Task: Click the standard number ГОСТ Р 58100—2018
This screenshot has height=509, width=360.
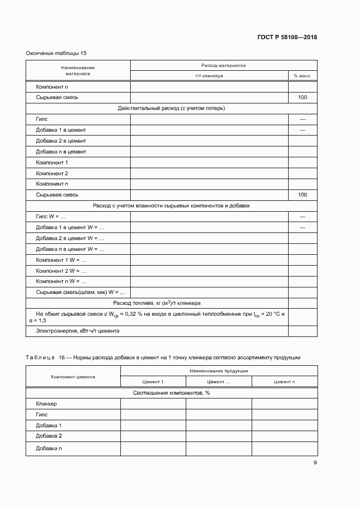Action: pos(286,38)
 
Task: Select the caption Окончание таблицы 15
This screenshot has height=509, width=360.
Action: pos(56,53)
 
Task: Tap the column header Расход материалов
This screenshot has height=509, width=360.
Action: pos(223,65)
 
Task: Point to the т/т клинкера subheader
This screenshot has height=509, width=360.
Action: pos(209,76)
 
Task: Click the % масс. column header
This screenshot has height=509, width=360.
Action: pos(302,76)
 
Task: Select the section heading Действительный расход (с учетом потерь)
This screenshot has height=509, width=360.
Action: pos(172,108)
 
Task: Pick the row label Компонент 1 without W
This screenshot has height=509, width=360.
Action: pos(52,162)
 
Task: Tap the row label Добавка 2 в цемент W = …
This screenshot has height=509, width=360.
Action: pos(70,238)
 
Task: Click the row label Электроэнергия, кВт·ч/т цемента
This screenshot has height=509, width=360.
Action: pos(77,330)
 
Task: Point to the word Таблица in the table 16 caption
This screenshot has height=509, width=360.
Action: pos(40,357)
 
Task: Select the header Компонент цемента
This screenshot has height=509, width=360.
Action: pos(73,376)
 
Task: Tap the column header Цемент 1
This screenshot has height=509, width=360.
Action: pos(152,382)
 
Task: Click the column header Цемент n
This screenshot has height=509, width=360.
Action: pos(284,382)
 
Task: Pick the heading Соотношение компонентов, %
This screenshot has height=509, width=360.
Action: pos(172,393)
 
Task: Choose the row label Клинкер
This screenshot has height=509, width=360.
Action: pos(46,404)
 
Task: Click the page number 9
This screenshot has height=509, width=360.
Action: pos(315,463)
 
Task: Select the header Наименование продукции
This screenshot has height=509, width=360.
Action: pos(219,371)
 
